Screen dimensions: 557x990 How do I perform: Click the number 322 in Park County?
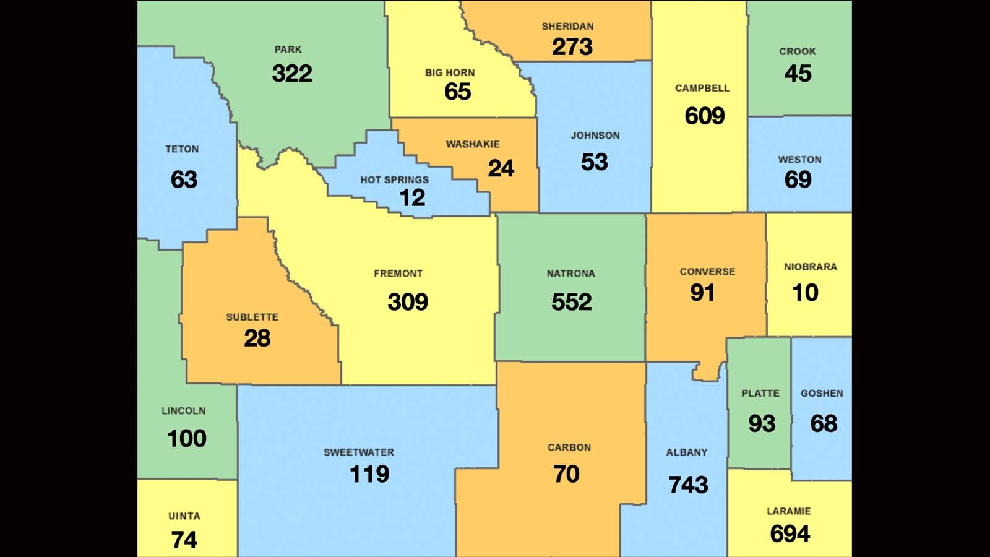pyautogui.click(x=292, y=74)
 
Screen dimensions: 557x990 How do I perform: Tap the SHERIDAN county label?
pyautogui.click(x=567, y=27)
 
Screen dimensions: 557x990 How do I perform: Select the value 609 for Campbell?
pyautogui.click(x=704, y=116)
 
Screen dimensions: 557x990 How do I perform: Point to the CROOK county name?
pyautogui.click(x=797, y=51)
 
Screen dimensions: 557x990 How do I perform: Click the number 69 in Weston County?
pyautogui.click(x=798, y=179)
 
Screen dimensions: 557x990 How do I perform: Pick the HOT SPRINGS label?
pyautogui.click(x=394, y=180)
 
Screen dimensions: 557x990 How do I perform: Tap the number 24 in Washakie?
pyautogui.click(x=501, y=168)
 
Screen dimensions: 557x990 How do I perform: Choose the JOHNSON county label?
pyautogui.click(x=595, y=136)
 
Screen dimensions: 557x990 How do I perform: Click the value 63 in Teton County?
pyautogui.click(x=184, y=179)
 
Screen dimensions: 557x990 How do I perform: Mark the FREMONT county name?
pyautogui.click(x=398, y=274)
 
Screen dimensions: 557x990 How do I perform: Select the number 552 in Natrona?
pyautogui.click(x=571, y=302)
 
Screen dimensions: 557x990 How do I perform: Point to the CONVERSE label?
pyautogui.click(x=707, y=272)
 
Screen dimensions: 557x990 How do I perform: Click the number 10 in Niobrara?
pyautogui.click(x=805, y=293)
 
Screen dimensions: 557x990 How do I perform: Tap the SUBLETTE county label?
pyautogui.click(x=252, y=317)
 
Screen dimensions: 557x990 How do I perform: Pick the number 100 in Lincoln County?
pyautogui.click(x=186, y=439)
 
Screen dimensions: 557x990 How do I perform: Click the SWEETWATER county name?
pyautogui.click(x=358, y=452)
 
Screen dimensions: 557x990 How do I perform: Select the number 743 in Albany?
pyautogui.click(x=688, y=485)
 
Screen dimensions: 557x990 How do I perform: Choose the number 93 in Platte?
pyautogui.click(x=761, y=424)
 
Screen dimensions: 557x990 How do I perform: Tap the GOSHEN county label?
pyautogui.click(x=821, y=394)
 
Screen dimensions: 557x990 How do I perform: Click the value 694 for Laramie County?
pyautogui.click(x=790, y=534)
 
